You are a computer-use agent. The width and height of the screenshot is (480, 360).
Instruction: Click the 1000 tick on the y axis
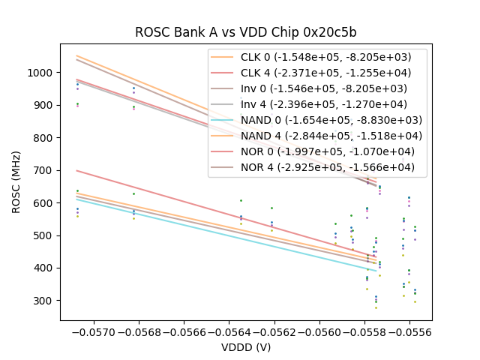[41, 73]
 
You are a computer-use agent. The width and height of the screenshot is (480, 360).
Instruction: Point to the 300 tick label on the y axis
[44, 301]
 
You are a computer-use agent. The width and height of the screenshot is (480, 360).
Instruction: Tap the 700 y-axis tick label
[44, 170]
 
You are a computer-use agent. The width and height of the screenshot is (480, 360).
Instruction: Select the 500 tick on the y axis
[44, 235]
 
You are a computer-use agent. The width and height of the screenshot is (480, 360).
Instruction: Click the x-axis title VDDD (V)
[245, 347]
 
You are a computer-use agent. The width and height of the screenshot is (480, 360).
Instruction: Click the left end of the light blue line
[77, 198]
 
